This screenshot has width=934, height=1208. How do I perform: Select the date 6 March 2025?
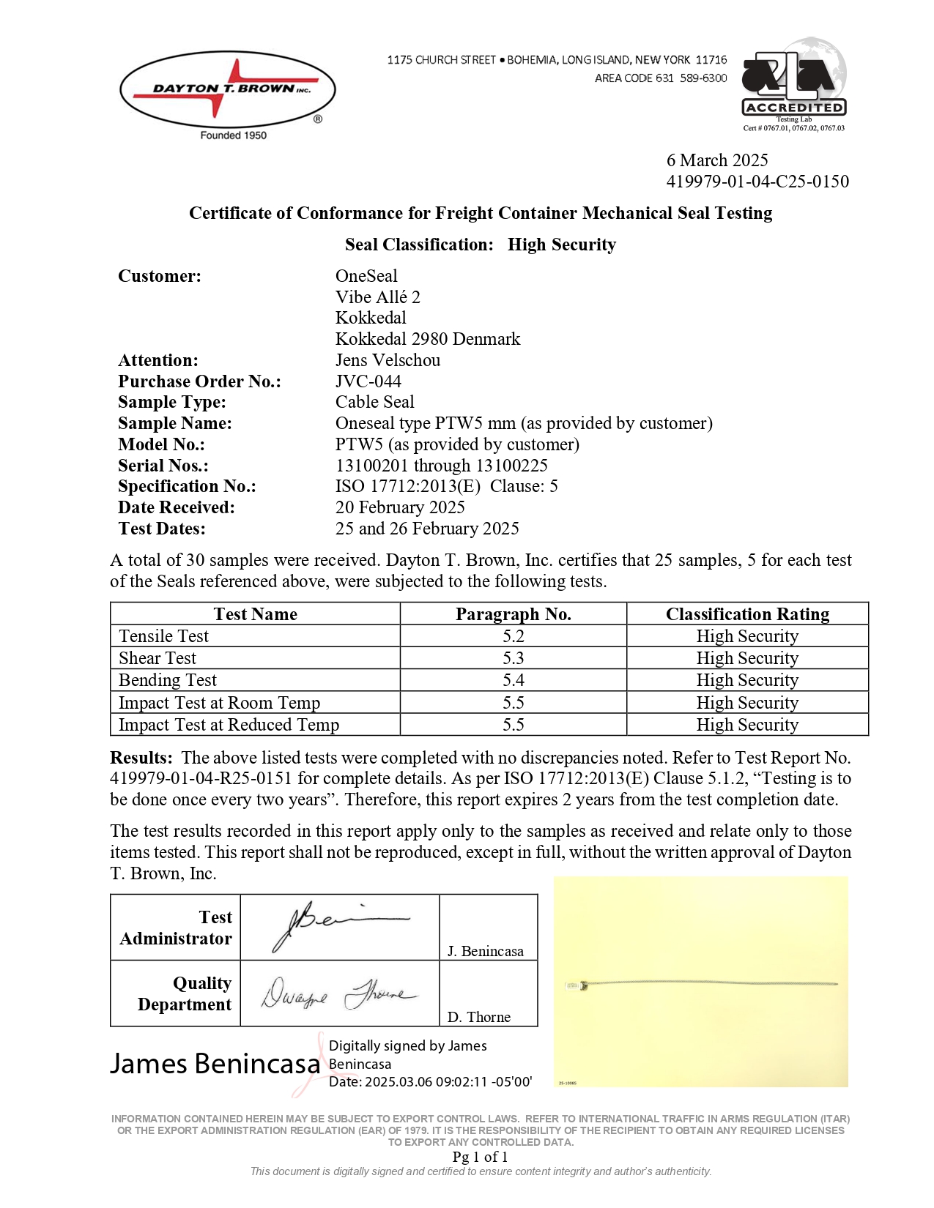pos(716,160)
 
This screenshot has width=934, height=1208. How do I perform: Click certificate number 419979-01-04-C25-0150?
pos(757,182)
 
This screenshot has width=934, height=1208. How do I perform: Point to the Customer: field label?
pos(160,276)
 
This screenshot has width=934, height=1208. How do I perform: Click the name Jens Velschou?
pos(388,360)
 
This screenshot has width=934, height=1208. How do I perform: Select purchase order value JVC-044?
pos(368,381)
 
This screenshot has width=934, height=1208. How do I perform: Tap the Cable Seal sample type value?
pos(374,402)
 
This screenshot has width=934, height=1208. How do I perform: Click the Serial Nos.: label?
pos(163,466)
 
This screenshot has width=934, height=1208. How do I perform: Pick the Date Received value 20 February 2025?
pos(400,507)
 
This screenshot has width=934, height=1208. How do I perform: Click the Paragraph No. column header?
pos(513,614)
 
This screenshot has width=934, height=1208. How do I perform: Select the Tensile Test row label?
pos(164,636)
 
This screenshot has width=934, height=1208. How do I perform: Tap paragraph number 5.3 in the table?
pos(513,658)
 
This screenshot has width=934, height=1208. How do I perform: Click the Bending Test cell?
pos(168,680)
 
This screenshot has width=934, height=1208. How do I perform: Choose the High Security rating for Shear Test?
pos(747,658)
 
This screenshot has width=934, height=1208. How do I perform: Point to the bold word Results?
pos(141,758)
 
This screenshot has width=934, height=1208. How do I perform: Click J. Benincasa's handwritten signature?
pos(337,925)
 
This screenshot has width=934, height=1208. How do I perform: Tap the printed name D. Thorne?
pos(478,1017)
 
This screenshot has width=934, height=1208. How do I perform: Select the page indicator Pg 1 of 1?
pos(480,1157)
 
